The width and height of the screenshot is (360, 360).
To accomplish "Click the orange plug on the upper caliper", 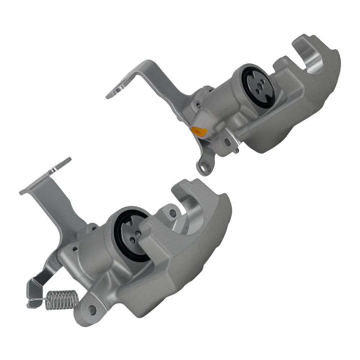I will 197,131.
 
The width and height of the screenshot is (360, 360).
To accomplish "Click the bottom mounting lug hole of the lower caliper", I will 91,309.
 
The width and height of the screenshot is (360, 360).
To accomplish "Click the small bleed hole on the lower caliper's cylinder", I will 76,248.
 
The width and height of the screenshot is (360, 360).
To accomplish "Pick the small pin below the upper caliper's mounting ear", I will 235,151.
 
